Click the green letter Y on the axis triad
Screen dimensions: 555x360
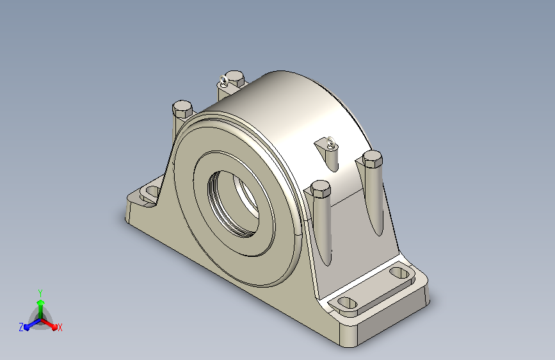[x=40, y=293]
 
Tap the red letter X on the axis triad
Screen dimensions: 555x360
[x=60, y=327]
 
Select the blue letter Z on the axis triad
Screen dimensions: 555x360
[x=21, y=327]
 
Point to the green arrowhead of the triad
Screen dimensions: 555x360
[x=41, y=303]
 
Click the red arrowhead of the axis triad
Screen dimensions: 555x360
[x=54, y=327]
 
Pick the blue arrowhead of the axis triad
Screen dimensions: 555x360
[x=26, y=327]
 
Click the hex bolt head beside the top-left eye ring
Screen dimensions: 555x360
[x=234, y=78]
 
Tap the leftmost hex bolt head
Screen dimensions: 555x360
[x=182, y=109]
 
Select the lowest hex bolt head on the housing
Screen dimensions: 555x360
[x=320, y=189]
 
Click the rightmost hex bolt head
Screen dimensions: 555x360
[x=373, y=159]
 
